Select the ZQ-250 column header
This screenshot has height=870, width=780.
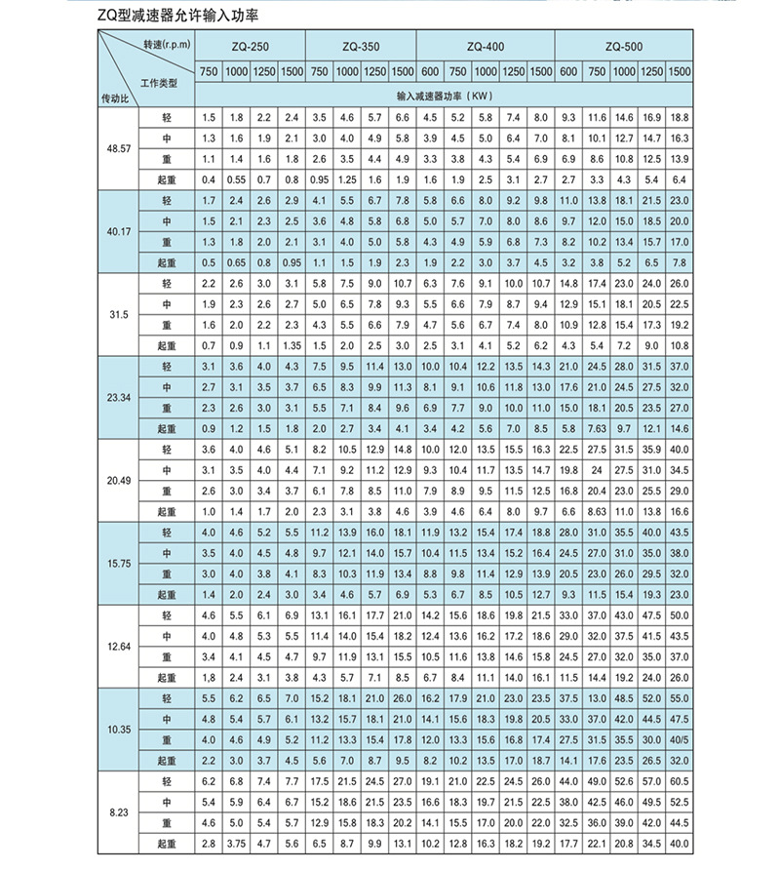(250, 47)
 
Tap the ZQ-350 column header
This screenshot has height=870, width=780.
(361, 47)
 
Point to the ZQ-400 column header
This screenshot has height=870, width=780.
(486, 47)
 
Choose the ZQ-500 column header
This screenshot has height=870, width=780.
(624, 47)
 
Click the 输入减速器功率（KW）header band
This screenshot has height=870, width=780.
(445, 96)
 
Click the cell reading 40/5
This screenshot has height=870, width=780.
(680, 741)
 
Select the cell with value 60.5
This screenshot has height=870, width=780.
(680, 782)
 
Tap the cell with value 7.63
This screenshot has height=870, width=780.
(597, 428)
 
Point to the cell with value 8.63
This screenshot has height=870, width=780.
(597, 511)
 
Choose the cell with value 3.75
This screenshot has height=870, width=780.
(236, 844)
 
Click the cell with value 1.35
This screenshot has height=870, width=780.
(292, 345)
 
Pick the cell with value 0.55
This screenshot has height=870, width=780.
(236, 179)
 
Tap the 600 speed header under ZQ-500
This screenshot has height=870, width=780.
(569, 72)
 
